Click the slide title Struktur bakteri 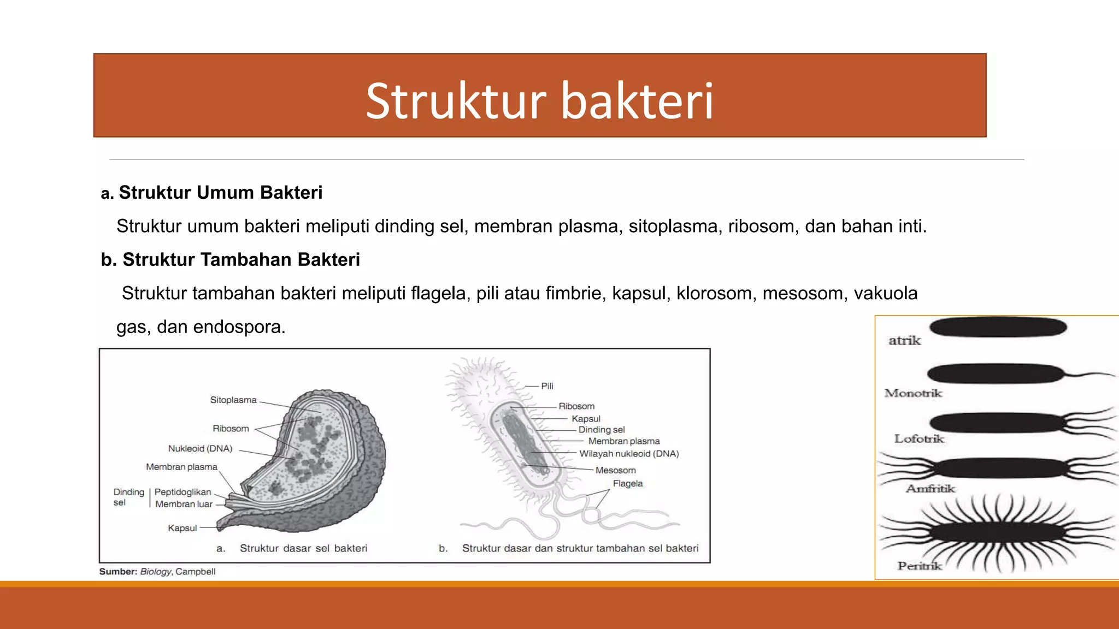[540, 100]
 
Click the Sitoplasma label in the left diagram [233, 400]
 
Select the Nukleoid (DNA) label [200, 448]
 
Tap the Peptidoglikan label [182, 492]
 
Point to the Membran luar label [184, 504]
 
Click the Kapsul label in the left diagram [182, 528]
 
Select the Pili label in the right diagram [547, 386]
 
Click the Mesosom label [615, 470]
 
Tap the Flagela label [627, 484]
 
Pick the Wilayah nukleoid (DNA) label [629, 454]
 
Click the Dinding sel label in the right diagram [601, 430]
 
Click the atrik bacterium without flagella [998, 328]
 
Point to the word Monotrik [913, 393]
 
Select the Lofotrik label [919, 438]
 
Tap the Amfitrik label [930, 489]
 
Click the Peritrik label [920, 566]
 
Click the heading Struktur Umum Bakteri [220, 193]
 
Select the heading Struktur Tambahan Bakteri [241, 260]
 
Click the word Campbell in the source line [195, 572]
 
